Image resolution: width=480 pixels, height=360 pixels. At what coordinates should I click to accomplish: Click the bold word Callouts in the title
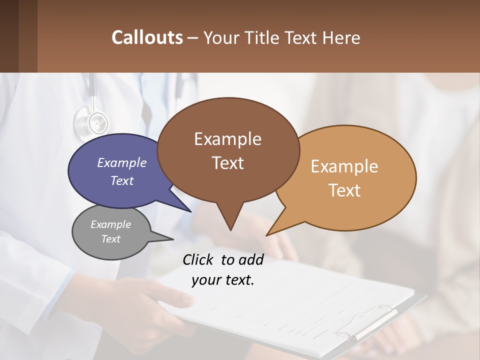(x=147, y=37)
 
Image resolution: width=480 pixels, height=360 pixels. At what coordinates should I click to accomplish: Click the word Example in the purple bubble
(x=122, y=162)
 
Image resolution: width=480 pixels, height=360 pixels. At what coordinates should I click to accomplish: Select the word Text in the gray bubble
(x=111, y=239)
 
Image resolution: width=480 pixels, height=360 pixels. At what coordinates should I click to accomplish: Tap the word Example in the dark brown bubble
(x=228, y=139)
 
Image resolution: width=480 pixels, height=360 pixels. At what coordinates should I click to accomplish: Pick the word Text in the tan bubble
(x=345, y=190)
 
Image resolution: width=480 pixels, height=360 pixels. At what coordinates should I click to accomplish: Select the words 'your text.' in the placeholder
(x=223, y=280)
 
